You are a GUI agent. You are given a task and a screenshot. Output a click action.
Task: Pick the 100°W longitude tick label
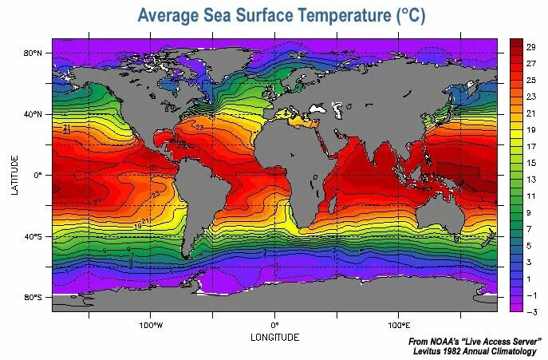(x=151, y=326)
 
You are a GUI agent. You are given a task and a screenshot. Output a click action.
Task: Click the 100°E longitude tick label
(x=399, y=326)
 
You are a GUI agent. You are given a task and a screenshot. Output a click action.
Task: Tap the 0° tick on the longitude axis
(x=275, y=326)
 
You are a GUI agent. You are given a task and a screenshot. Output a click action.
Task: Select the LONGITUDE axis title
(x=275, y=338)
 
